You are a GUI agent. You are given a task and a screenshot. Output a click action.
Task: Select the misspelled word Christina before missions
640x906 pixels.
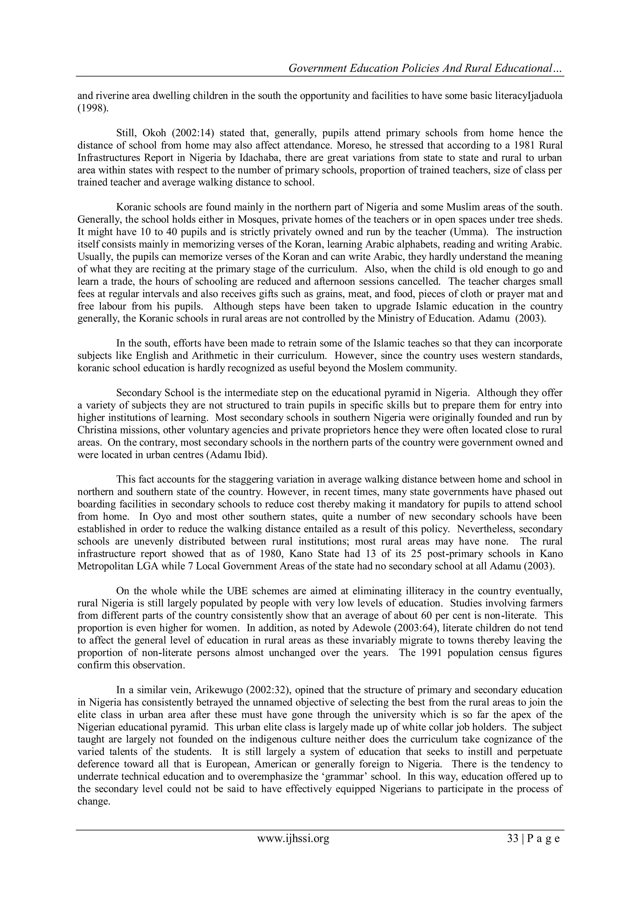[98, 430]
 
